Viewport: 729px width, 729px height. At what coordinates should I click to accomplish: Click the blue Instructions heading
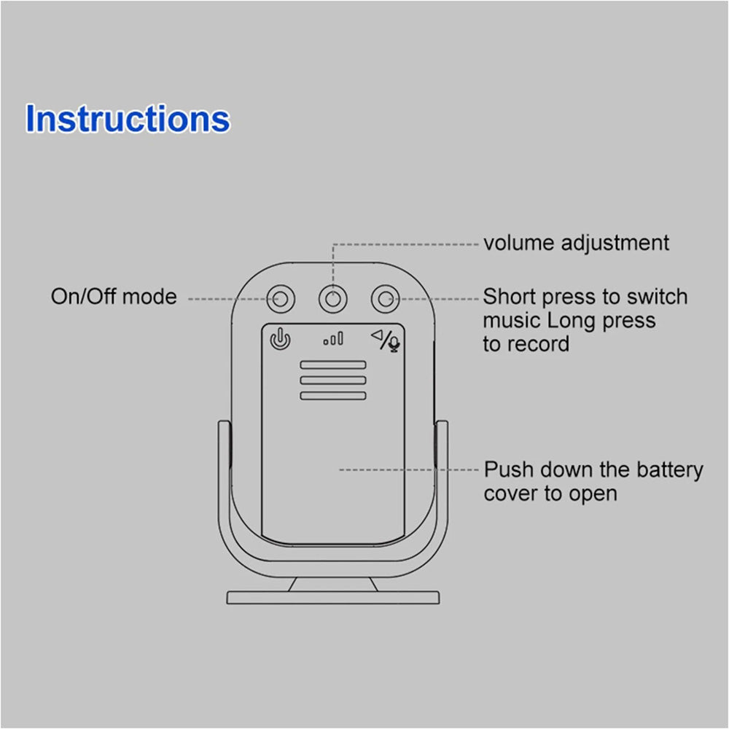click(128, 119)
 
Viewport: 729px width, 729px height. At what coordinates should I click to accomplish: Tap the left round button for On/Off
click(281, 298)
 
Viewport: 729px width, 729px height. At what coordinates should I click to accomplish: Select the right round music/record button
click(386, 298)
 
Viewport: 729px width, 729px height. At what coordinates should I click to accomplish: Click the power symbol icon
click(281, 339)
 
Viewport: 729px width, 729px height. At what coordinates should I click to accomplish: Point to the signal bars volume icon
click(333, 339)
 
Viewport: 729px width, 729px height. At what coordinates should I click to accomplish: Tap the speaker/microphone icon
click(386, 340)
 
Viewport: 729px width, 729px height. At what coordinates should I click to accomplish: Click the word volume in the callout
click(518, 243)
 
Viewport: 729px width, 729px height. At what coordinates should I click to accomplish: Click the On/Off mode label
click(114, 297)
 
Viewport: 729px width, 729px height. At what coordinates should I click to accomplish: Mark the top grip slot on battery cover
click(332, 364)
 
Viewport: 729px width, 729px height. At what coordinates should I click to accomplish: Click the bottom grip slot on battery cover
click(332, 395)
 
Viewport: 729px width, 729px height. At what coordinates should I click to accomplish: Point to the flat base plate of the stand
click(333, 597)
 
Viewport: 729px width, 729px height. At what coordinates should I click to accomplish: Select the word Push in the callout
click(508, 469)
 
